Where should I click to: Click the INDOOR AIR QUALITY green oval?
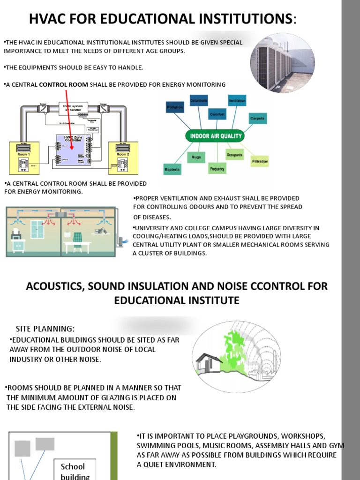215,136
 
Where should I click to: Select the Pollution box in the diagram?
174,107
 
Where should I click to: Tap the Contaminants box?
199,100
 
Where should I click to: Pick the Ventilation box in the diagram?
237,101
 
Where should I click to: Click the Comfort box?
217,114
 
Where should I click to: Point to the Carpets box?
257,119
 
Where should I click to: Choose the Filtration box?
260,161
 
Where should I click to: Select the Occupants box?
234,154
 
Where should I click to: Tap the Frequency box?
217,169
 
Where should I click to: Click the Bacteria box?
172,169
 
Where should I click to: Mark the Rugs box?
196,157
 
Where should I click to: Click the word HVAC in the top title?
48,19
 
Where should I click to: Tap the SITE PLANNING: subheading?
45,328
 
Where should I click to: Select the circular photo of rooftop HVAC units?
282,63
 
